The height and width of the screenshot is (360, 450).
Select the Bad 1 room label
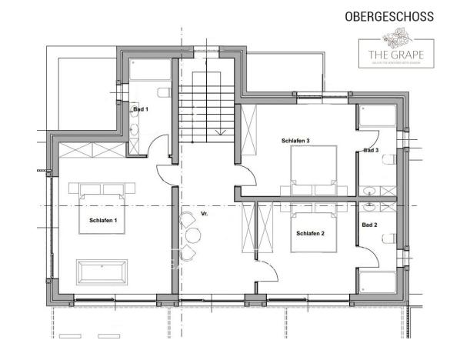tap(141, 109)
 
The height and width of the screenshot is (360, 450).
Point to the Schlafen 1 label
tap(103, 221)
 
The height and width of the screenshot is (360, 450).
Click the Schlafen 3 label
tap(295, 141)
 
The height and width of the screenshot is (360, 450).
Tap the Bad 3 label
tap(371, 151)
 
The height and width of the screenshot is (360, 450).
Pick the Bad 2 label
tap(369, 225)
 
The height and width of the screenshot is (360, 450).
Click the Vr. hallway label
tap(204, 213)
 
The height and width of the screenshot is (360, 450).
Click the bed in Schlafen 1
tap(102, 208)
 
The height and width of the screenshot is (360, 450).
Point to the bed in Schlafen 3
tap(313, 168)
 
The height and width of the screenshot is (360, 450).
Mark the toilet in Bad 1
tap(162, 93)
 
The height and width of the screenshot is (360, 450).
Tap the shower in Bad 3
tap(378, 115)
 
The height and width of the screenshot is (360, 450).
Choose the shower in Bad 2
tap(377, 285)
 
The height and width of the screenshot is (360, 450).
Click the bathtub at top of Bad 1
tap(149, 71)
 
